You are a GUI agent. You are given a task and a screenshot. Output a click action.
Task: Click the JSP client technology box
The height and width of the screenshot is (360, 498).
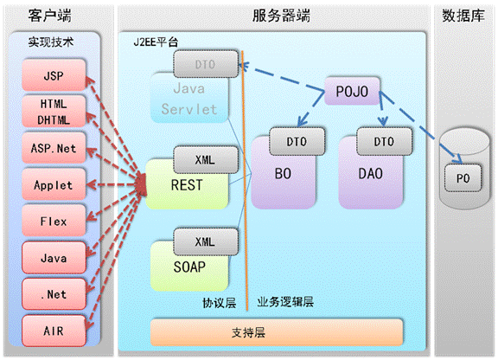pos(54,75)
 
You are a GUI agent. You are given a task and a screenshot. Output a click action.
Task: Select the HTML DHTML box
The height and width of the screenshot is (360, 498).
pos(54,112)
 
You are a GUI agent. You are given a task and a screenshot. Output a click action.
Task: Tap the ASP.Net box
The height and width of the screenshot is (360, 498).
pos(54,148)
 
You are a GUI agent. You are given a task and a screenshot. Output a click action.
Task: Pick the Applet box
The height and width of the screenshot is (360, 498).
pos(54,185)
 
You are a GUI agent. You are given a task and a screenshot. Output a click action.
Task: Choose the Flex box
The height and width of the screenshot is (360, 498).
pos(54,221)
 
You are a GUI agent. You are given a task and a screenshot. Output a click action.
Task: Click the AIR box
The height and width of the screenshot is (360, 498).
pos(54,331)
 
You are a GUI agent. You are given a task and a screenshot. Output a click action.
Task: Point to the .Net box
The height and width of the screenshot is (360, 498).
pos(54,294)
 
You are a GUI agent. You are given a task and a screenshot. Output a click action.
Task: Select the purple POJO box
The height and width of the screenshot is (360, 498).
pos(352,91)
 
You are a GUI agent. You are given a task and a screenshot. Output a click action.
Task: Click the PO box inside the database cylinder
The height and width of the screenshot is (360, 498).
pos(463,178)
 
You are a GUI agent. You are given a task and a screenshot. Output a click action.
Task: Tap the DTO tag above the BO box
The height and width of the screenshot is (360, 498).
pos(297,142)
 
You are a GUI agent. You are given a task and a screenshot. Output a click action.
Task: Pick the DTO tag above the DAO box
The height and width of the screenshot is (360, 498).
pos(384,142)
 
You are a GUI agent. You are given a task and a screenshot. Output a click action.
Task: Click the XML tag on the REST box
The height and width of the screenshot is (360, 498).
pos(206,159)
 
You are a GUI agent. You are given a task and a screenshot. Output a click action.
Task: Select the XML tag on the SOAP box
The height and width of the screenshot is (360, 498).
pos(206,241)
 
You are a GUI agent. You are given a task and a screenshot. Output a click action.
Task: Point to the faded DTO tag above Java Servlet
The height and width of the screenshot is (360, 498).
pos(206,64)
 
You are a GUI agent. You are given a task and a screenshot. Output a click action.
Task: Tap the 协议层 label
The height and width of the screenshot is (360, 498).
pos(220,303)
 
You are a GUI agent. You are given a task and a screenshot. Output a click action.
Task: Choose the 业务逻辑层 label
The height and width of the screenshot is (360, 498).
pos(285,302)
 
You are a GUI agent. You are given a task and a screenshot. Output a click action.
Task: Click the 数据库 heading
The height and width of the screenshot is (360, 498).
pos(463,16)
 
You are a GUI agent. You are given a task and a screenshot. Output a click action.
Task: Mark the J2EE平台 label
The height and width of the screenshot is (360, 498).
pos(156,42)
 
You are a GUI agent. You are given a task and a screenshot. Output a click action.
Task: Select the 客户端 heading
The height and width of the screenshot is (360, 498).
pos(50,16)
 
